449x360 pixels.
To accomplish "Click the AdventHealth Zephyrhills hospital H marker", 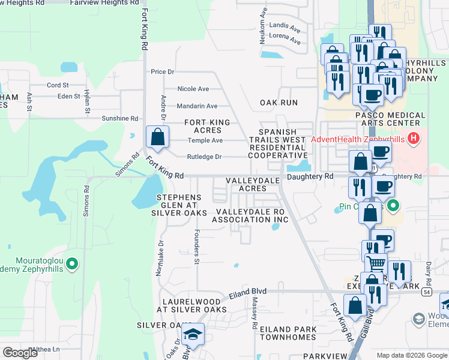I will pos(412,139).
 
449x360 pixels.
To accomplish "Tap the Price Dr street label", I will pos(162,72).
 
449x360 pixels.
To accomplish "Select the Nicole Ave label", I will pos(193,89).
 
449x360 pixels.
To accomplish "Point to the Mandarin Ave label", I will pos(197,106).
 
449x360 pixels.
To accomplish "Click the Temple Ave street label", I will pos(205,140).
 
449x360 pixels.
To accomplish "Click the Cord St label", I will pos(58,85).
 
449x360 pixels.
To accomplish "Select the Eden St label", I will pos(68,97).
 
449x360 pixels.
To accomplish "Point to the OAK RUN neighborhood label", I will pos(279,103).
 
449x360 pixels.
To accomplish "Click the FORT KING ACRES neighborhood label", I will pos(207,127).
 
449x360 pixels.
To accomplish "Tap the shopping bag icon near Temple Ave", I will pos(157,136).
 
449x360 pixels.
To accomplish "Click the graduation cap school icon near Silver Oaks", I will pos(193,334).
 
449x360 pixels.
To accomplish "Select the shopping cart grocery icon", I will pos(375,262).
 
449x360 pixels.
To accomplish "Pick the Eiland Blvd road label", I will pos(247,295).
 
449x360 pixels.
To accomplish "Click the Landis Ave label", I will pos(285,28).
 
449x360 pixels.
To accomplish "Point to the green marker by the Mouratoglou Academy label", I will pos(72,263).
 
